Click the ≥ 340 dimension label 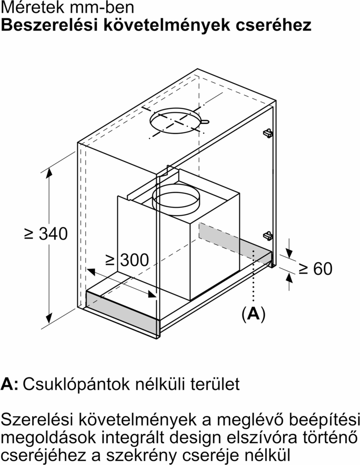coord(46,233)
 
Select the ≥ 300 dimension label coord(127,260)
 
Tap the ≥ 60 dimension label coord(316,268)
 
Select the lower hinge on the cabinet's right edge coord(267,235)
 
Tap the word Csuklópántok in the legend coord(77,384)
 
